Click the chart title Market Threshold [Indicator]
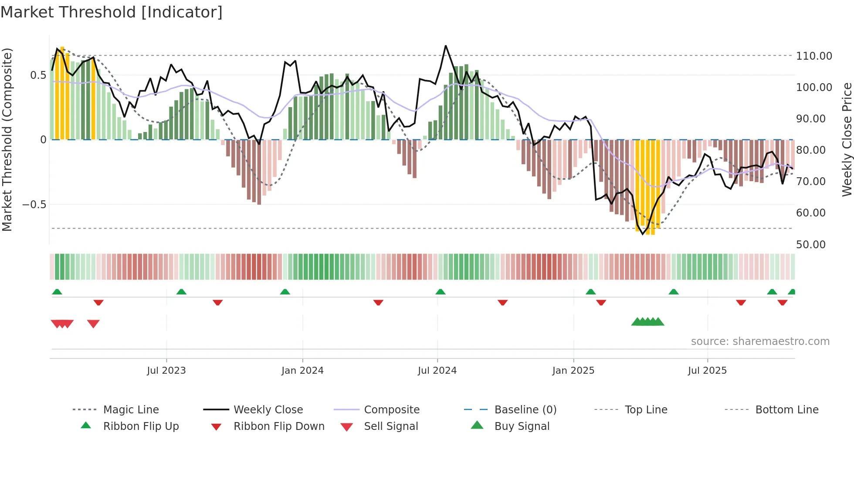tap(112, 12)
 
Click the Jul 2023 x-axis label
tap(166, 371)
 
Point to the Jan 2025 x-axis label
tap(573, 371)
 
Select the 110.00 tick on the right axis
tap(814, 56)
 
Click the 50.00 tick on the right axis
tap(810, 245)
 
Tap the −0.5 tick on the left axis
tap(34, 205)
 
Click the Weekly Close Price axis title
tap(847, 139)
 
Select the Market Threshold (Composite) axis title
tap(7, 139)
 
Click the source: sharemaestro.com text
tap(760, 341)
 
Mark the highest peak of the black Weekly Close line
tap(445, 46)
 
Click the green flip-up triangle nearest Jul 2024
tap(441, 292)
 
